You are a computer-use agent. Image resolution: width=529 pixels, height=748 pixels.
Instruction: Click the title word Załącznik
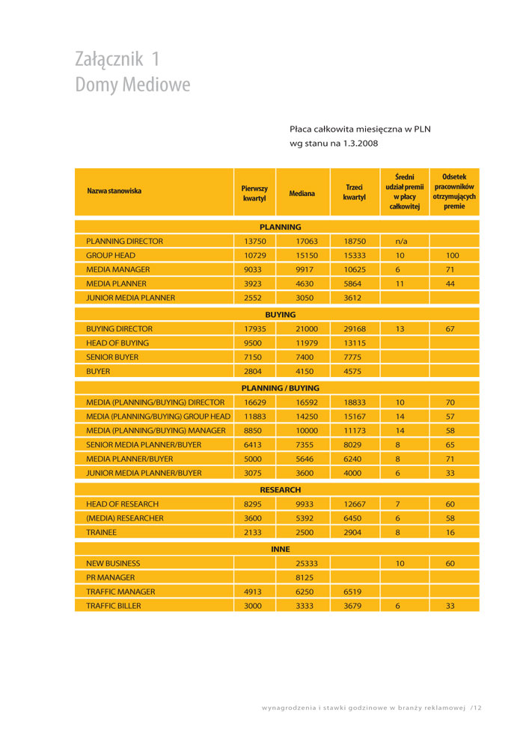[108, 59]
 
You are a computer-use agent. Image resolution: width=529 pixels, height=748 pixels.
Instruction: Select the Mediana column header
[302, 193]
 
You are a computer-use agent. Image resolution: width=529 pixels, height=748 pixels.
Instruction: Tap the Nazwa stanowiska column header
[114, 191]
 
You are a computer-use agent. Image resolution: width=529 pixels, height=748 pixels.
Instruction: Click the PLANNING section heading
[280, 227]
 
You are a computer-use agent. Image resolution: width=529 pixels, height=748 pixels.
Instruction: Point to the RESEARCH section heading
[280, 490]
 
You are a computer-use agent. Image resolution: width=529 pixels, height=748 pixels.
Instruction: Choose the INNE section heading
[280, 549]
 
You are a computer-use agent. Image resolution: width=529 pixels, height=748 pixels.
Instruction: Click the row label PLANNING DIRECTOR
[124, 242]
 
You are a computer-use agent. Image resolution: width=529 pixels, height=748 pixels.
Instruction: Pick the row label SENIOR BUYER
[112, 357]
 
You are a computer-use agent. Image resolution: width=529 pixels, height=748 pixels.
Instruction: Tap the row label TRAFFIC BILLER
[113, 606]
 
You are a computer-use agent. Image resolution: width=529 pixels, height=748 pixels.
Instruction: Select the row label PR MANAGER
[111, 577]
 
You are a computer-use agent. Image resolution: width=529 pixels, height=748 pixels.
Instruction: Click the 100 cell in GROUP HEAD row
[452, 256]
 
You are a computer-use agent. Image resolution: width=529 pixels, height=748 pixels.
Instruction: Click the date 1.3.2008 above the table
[361, 143]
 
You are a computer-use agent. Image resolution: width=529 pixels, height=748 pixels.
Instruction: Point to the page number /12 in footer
[476, 708]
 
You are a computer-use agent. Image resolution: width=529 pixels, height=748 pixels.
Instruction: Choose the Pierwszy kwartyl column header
[254, 193]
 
